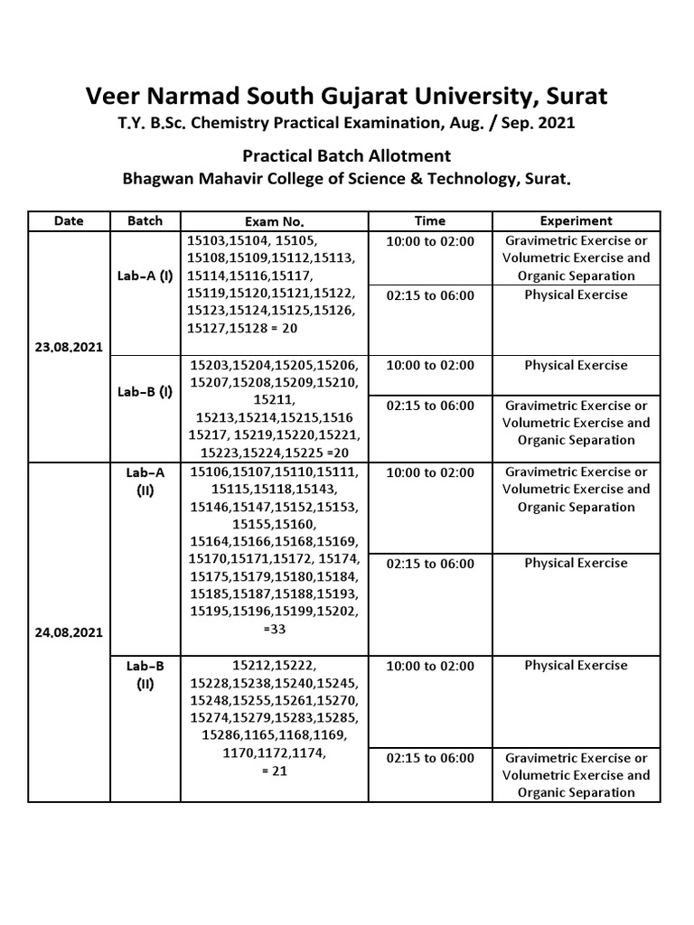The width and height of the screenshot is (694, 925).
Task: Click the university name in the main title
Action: click(346, 95)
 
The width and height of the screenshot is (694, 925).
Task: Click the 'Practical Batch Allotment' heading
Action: click(346, 155)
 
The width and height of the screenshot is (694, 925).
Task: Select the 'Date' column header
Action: click(69, 220)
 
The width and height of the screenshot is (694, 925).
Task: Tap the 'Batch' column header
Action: click(145, 220)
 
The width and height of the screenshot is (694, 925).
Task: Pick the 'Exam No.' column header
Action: click(275, 221)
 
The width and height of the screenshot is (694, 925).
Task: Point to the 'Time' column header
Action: click(430, 220)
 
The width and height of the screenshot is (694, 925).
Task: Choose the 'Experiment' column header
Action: click(576, 220)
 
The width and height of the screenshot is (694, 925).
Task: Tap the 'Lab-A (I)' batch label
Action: click(145, 276)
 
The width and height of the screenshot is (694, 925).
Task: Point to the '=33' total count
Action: click(275, 630)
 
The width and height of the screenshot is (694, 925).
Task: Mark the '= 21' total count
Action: click(275, 771)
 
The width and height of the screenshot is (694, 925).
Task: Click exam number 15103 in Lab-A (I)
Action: click(207, 240)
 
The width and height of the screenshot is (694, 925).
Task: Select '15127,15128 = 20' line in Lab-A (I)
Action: click(242, 329)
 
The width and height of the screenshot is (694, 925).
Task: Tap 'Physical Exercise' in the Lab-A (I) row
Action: click(576, 294)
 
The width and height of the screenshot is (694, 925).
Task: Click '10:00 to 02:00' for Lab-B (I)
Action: click(430, 365)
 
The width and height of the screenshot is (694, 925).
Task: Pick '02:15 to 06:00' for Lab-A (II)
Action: click(430, 564)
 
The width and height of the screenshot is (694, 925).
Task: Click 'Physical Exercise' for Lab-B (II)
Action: click(576, 666)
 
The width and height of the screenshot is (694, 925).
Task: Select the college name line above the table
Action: click(346, 178)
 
